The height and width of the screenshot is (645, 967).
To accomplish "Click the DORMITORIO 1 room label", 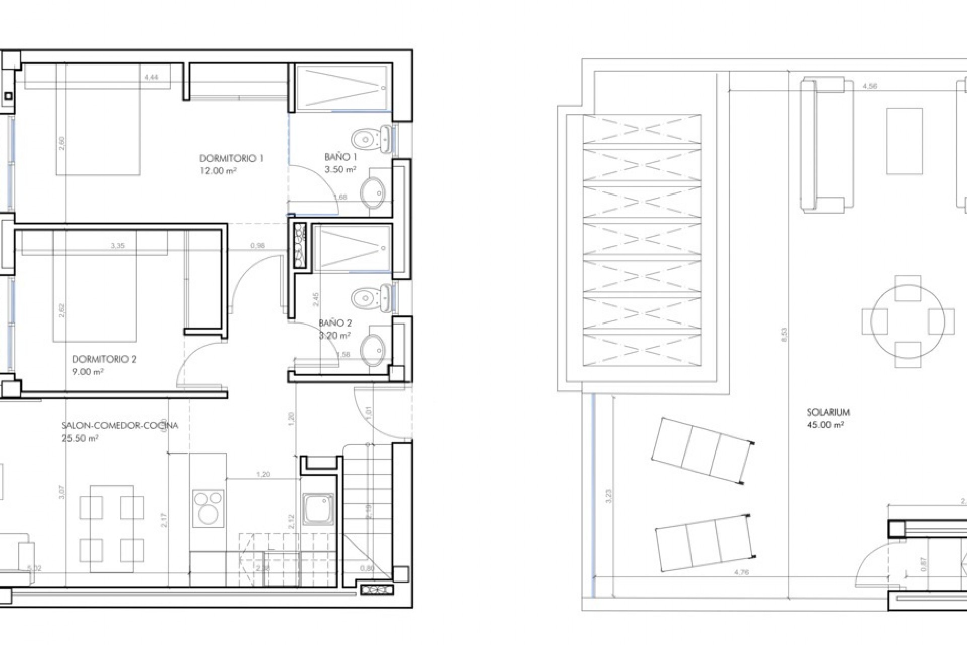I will [231, 158].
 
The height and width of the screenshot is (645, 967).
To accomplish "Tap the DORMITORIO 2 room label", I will [104, 359].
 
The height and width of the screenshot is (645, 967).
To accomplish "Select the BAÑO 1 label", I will [341, 157].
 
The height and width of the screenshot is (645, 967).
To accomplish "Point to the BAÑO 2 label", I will [335, 323].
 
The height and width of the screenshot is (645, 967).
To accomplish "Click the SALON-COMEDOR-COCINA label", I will [120, 426].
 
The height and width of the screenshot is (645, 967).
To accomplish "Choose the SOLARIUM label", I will [828, 412].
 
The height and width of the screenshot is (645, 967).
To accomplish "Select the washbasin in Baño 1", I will [373, 191].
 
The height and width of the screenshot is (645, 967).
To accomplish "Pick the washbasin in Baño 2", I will [373, 350].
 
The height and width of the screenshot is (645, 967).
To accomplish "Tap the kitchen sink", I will [318, 508].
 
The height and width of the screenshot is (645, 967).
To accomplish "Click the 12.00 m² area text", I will [218, 171].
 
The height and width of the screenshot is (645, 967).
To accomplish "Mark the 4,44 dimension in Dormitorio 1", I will [151, 77].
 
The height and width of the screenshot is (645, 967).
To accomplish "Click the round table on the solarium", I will [908, 320].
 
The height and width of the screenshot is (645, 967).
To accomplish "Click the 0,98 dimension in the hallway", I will [257, 246].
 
